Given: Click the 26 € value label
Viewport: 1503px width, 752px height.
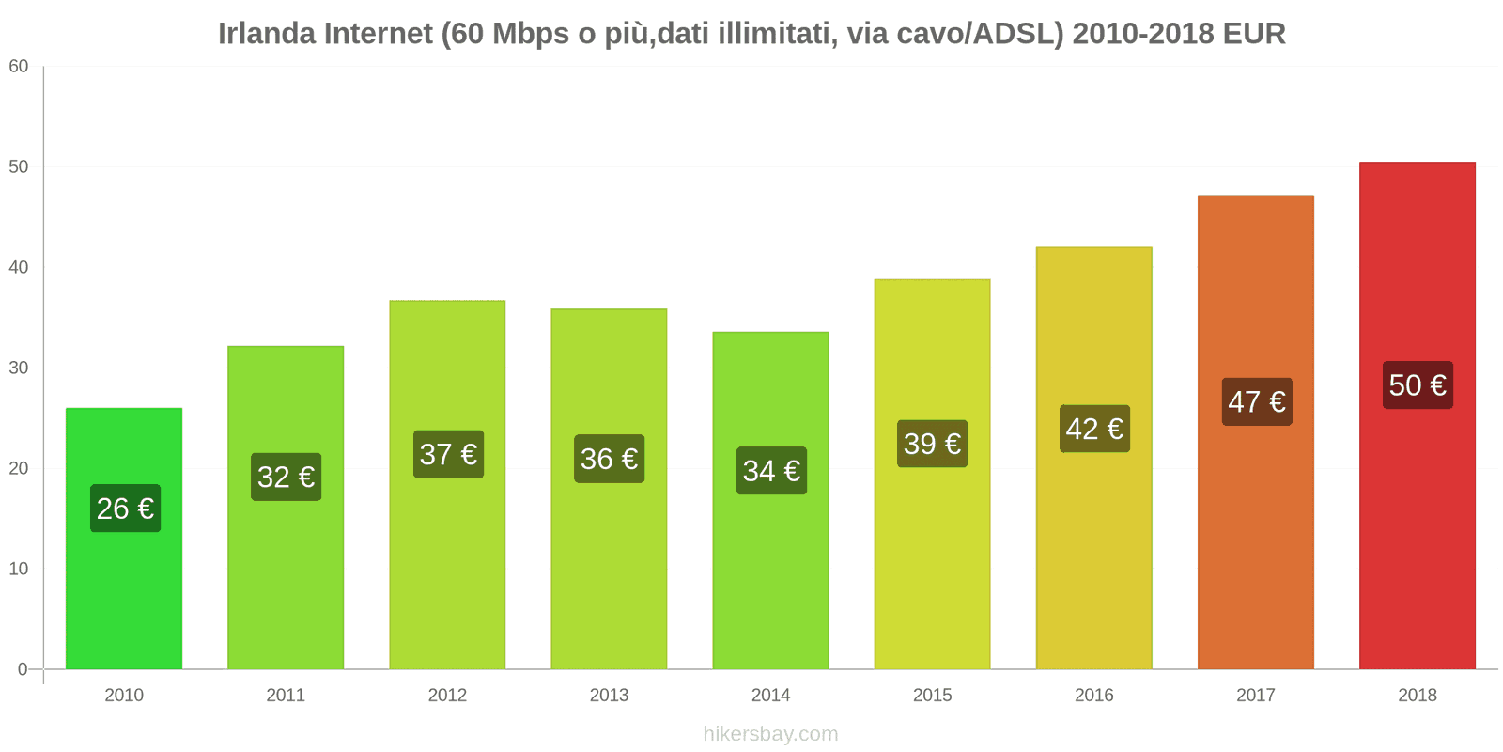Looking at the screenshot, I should pos(125,509).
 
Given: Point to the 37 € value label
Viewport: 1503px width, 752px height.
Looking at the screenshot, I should pos(448,455).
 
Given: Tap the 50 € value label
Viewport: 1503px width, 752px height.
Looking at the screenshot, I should pos(1418,385).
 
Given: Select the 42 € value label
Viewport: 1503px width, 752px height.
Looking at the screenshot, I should pos(1094,430).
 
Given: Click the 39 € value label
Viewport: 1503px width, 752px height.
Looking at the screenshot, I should pos(932,444).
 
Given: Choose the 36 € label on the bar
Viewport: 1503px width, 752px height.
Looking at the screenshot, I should pos(609,459).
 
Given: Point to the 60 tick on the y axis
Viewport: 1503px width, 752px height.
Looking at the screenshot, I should pos(19,67).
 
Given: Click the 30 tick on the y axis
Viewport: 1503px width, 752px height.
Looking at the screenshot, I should pos(19,368).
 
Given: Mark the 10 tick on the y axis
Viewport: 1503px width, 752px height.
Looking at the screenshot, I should pos(19,569).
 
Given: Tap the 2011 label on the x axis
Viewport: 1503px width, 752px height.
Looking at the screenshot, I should pos(286,696).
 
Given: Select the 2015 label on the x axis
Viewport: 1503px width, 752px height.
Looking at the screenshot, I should pos(932,696).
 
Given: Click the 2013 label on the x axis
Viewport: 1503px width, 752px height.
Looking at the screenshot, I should pos(609,696).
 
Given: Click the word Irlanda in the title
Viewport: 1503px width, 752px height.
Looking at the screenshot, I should pos(267,34).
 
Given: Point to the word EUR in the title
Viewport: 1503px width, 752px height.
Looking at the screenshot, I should pos(1254,34).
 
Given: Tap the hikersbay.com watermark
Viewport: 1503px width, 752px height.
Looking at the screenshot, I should pos(770,734).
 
